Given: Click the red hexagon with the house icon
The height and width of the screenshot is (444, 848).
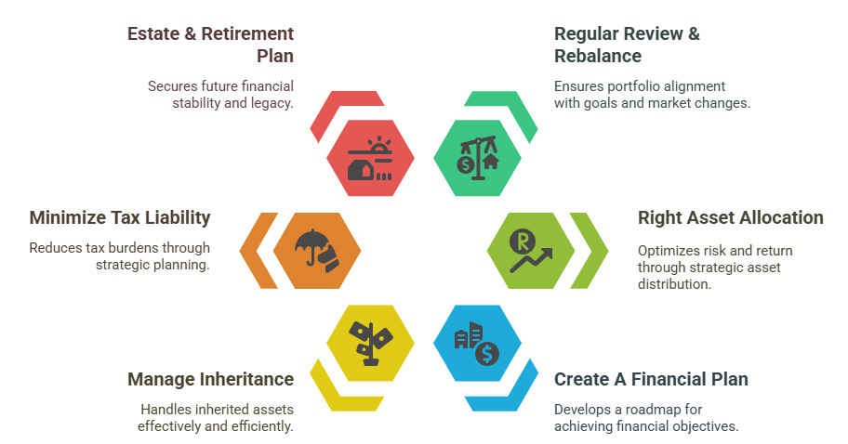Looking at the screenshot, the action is [370, 158].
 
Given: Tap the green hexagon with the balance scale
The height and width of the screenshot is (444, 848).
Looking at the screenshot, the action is [477, 158].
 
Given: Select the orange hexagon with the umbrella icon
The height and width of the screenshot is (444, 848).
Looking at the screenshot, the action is [317, 251].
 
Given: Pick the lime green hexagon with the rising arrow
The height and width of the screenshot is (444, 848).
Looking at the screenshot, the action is [531, 251].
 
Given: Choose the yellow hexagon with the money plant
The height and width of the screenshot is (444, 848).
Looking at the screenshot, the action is [370, 343].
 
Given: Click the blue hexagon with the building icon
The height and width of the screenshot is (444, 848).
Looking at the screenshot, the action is [477, 343].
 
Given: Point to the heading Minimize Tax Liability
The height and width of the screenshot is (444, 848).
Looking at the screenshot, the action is [120, 217].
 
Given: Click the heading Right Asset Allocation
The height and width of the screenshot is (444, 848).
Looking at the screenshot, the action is [731, 217].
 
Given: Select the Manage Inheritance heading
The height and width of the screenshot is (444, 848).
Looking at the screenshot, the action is [211, 379].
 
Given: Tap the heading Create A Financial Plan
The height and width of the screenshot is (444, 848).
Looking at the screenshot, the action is [651, 379].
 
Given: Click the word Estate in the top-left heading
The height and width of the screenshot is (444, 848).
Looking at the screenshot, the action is [153, 34].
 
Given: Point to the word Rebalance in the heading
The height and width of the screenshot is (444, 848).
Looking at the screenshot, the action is [598, 56].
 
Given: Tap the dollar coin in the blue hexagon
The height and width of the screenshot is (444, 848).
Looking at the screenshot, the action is [487, 353].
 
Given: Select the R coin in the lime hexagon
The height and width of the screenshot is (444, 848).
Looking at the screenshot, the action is [522, 242].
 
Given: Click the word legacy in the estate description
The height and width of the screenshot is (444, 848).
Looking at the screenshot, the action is [270, 104].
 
